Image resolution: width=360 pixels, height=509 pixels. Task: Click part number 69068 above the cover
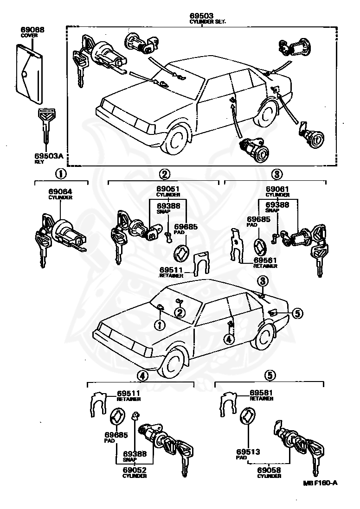pos(33,30)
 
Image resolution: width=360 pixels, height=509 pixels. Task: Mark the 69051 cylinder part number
pos(167,189)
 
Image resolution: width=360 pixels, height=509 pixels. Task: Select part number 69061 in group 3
pos(277,189)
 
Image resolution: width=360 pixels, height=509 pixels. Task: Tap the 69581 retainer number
pos(261,393)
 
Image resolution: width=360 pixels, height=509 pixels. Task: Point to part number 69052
pos(135,470)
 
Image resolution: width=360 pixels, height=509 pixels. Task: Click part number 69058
pos(270,470)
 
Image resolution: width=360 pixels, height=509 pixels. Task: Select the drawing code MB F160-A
pos(320,483)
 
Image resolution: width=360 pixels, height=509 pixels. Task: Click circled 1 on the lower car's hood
pos(160,325)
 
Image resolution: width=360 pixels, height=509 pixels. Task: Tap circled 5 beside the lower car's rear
pos(297,314)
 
